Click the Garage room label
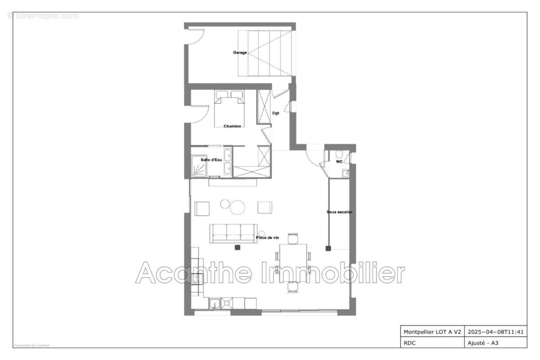(x=240, y=52)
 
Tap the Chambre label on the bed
(x=232, y=126)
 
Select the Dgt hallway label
(x=275, y=113)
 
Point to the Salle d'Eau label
(x=211, y=160)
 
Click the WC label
(x=339, y=162)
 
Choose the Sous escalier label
(x=339, y=212)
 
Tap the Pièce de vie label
(x=267, y=238)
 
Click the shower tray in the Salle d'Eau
(x=199, y=166)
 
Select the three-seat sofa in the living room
(x=234, y=233)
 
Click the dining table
(x=293, y=262)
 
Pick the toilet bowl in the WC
(x=339, y=154)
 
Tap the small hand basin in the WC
(x=345, y=173)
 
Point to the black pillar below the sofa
(x=238, y=247)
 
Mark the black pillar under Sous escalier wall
(x=328, y=248)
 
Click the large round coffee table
(x=237, y=207)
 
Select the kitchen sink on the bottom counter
(x=215, y=303)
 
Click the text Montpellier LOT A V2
(x=432, y=332)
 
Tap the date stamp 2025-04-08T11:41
(x=495, y=332)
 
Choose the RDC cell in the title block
(x=409, y=343)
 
